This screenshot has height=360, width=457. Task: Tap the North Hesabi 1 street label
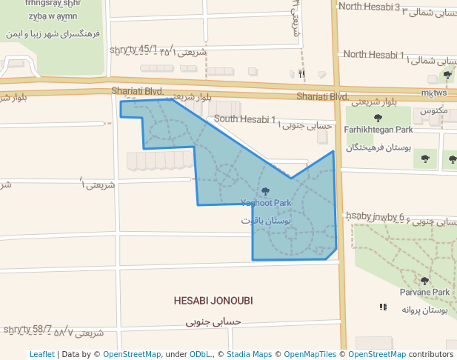click(x=374, y=54)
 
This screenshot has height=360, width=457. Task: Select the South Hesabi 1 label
click(x=244, y=119)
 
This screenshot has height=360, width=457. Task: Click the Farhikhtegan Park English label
click(x=378, y=130)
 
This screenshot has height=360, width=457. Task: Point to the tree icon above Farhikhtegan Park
click(x=378, y=118)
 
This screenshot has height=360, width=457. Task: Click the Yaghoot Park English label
click(x=266, y=203)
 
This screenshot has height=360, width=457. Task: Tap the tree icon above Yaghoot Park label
click(x=266, y=192)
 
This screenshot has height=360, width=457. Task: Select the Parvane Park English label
click(x=424, y=293)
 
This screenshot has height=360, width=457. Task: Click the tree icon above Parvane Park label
click(x=424, y=281)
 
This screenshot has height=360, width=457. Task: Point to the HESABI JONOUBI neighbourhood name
click(x=213, y=301)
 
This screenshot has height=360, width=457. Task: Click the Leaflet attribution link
click(x=41, y=354)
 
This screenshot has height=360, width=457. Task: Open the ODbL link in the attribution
click(x=200, y=354)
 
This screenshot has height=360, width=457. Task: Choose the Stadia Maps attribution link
click(x=248, y=354)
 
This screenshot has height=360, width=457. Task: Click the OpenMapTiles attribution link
click(x=310, y=354)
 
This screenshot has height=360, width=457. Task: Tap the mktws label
click(x=433, y=93)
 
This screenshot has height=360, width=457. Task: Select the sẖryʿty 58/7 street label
click(x=27, y=329)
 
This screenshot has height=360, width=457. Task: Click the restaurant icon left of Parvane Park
click(x=383, y=307)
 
